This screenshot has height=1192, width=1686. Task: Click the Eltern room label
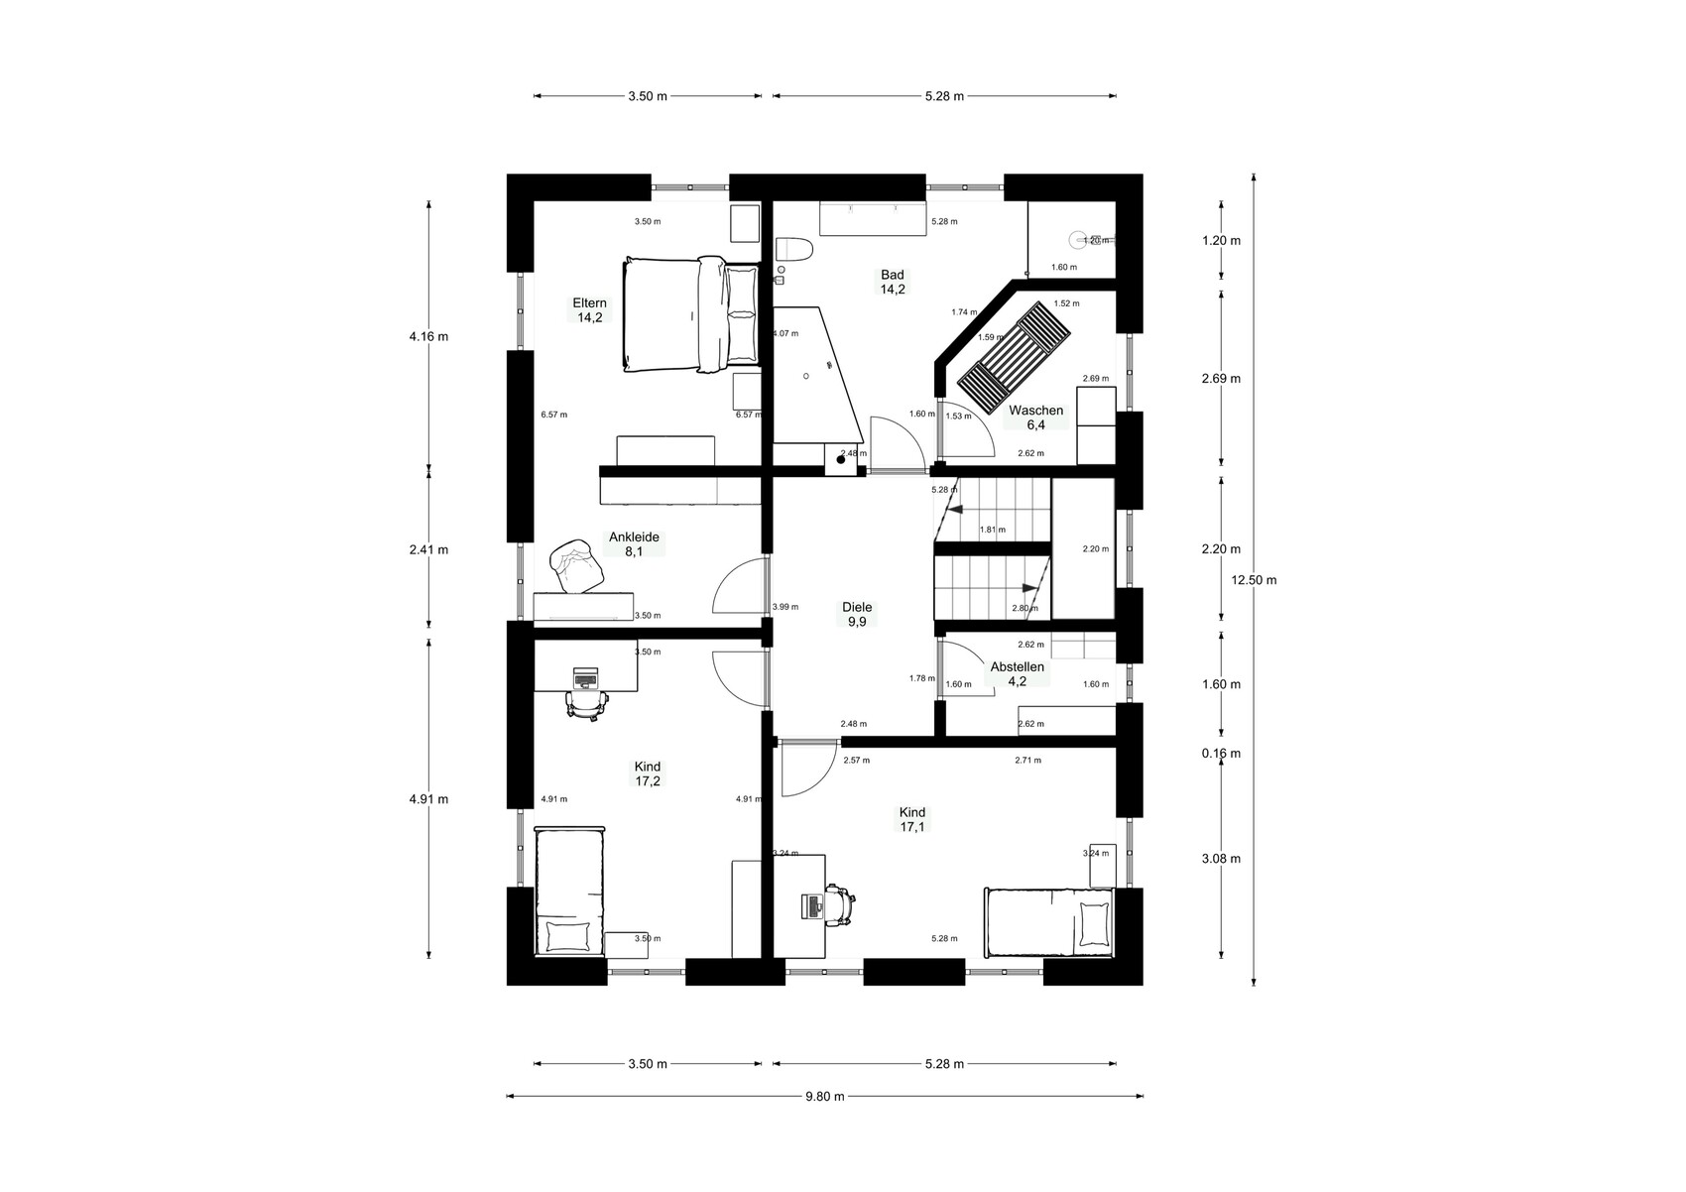pos(589,310)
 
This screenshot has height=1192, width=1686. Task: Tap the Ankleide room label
pos(634,544)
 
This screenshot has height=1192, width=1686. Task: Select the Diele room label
pos(857,614)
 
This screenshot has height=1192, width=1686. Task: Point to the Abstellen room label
pos(1017,673)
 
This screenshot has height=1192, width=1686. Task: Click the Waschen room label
pos(1035,417)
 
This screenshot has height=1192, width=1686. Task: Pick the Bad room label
pos(893,282)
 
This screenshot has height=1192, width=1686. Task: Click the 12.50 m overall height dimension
pos(1254,580)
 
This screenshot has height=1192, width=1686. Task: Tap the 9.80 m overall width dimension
pos(825,1097)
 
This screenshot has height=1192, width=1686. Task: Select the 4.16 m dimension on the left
pos(429,336)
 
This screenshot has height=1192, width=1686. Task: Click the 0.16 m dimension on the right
pos(1221,754)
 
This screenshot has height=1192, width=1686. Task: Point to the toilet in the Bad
pos(794,250)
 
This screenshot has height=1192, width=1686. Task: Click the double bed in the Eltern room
pos(691,314)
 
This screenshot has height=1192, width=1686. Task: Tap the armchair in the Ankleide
pos(576,565)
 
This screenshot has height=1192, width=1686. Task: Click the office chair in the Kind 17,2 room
pos(586,704)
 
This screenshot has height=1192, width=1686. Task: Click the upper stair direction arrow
pos(954,510)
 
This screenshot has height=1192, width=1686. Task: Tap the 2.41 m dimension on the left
pos(429,550)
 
